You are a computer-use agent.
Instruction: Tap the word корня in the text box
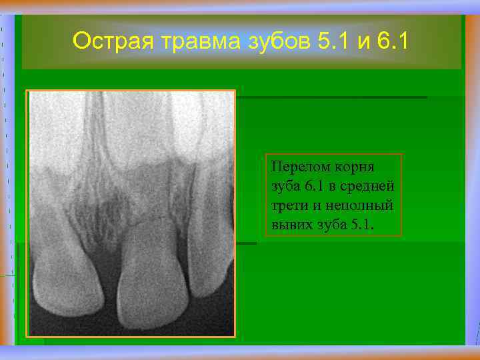point(353,166)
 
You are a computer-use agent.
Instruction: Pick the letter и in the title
point(363,42)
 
